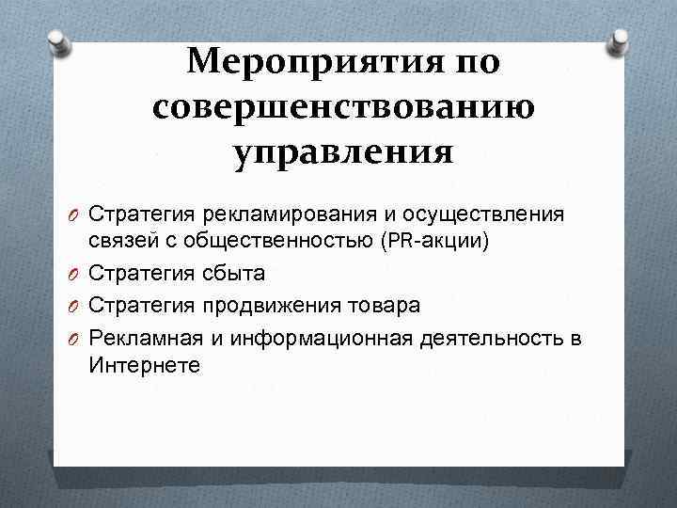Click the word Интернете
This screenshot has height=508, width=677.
145,365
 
